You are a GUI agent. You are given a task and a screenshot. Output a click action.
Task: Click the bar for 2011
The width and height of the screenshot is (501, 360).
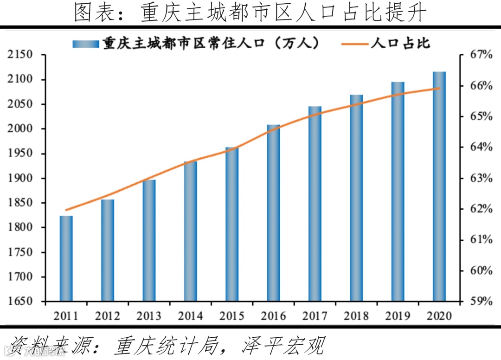66,258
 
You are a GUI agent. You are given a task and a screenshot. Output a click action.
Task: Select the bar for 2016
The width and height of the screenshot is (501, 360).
273,213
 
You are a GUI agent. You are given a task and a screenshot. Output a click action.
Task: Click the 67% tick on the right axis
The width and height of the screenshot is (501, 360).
481,55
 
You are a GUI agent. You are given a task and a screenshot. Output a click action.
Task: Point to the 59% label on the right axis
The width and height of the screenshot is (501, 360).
481,302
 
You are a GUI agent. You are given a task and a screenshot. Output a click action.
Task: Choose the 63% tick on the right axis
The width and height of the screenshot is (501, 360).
481,179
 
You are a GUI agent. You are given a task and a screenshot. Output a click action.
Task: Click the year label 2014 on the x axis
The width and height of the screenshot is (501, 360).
190,316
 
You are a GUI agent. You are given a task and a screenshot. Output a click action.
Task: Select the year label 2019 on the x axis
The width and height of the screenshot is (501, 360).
398,316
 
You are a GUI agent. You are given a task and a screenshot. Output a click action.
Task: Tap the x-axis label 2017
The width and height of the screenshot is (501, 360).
315,316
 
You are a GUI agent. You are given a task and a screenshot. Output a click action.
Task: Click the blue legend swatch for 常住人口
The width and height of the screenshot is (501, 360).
85,43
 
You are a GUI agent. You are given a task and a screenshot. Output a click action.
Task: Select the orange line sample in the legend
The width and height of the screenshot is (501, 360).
355,43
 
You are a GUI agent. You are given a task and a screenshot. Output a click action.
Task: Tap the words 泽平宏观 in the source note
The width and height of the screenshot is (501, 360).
283,346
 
